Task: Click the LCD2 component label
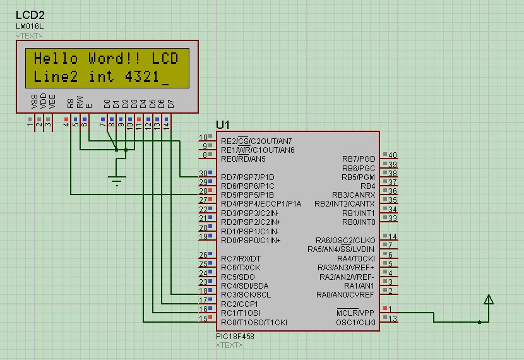pyautogui.click(x=29, y=14)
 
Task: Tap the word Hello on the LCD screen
pyautogui.click(x=56, y=59)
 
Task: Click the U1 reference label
pyautogui.click(x=222, y=124)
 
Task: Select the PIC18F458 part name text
pyautogui.click(x=235, y=336)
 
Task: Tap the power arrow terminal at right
pyautogui.click(x=487, y=301)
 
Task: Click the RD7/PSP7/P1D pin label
pyautogui.click(x=247, y=177)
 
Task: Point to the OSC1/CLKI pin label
pyautogui.click(x=356, y=322)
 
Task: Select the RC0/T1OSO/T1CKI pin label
pyautogui.click(x=253, y=322)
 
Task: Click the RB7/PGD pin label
pyautogui.click(x=359, y=159)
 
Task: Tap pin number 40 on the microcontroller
pyautogui.click(x=392, y=155)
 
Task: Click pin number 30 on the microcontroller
pyautogui.click(x=203, y=173)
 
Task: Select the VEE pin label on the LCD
pyautogui.click(x=52, y=100)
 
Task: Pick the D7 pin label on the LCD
pyautogui.click(x=170, y=102)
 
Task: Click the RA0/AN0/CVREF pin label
pyautogui.click(x=345, y=294)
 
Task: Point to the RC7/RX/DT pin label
pyautogui.click(x=241, y=258)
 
